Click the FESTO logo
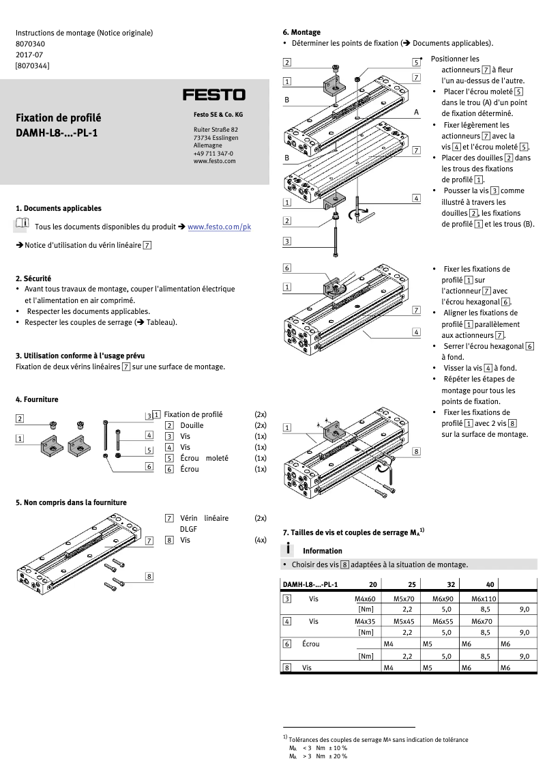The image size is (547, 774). (x=213, y=94)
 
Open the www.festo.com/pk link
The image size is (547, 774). (x=219, y=227)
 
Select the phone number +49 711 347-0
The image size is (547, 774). (x=213, y=154)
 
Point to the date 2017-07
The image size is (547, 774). (x=29, y=55)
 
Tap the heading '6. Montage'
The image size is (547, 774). (x=301, y=32)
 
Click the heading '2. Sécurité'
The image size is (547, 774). (x=33, y=278)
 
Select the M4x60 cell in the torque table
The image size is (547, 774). (x=365, y=599)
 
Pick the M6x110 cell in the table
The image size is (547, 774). (x=484, y=599)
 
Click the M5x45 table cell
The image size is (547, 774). (x=404, y=621)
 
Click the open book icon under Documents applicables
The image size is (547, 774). (x=22, y=224)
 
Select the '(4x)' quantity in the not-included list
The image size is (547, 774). (x=260, y=540)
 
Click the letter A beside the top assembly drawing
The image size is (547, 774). (x=416, y=111)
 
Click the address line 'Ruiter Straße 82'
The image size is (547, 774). (x=216, y=130)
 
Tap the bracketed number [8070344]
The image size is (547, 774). (x=32, y=66)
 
